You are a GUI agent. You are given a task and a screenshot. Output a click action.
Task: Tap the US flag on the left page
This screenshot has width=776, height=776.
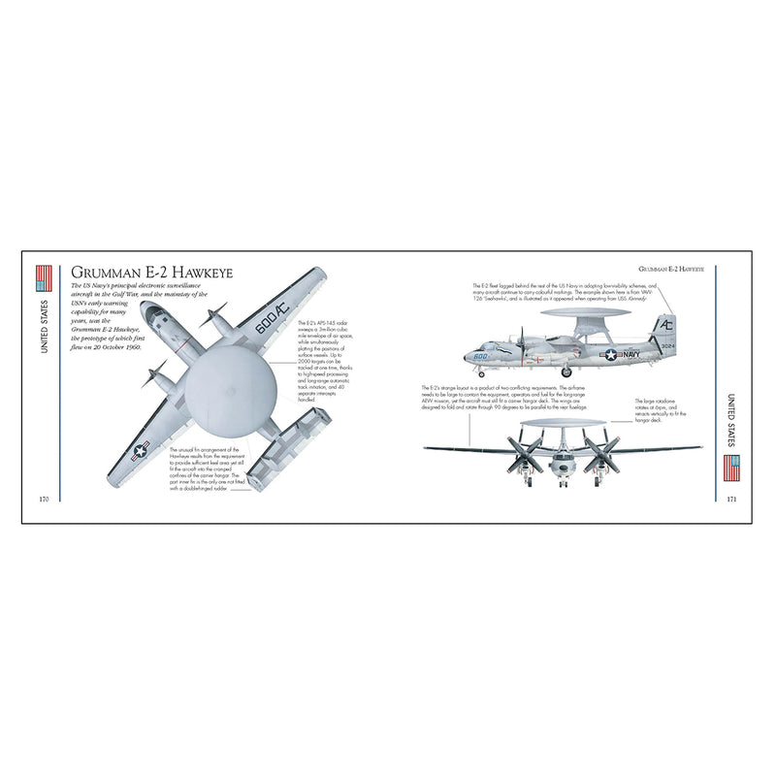click(43, 279)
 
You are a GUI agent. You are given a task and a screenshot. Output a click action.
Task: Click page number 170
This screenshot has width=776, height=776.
click(43, 499)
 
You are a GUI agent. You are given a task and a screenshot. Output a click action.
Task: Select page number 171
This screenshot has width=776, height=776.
click(732, 499)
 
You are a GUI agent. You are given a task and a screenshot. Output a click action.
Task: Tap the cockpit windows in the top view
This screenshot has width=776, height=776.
click(151, 313)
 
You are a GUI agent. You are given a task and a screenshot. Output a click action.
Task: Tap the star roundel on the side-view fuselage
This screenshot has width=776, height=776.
click(610, 354)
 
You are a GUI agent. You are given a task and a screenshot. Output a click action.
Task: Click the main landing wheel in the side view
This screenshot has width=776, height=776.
click(567, 371)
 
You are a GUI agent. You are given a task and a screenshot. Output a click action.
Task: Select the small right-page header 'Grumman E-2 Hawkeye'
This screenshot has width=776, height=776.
click(671, 266)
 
